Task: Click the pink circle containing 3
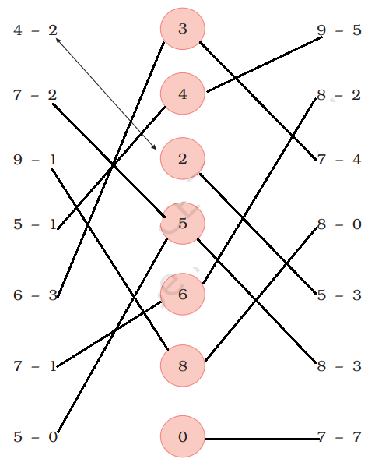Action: (183, 29)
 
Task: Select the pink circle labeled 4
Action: (183, 94)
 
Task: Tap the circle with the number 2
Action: (183, 159)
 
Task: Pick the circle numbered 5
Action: (183, 224)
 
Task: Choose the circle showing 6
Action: (183, 294)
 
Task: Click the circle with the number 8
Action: (183, 365)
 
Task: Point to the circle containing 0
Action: (183, 436)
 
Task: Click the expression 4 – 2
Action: (35, 30)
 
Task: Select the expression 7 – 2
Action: (35, 95)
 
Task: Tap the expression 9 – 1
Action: (35, 160)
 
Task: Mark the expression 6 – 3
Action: (35, 295)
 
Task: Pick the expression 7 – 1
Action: (35, 366)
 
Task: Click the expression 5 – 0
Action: (35, 437)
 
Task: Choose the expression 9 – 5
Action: (339, 30)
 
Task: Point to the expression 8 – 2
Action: (339, 95)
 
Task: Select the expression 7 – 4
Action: (339, 160)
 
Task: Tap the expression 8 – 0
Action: (339, 224)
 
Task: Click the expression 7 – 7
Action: (339, 437)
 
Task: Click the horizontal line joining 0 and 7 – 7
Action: (262, 439)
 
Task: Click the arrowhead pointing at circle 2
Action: (154, 147)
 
